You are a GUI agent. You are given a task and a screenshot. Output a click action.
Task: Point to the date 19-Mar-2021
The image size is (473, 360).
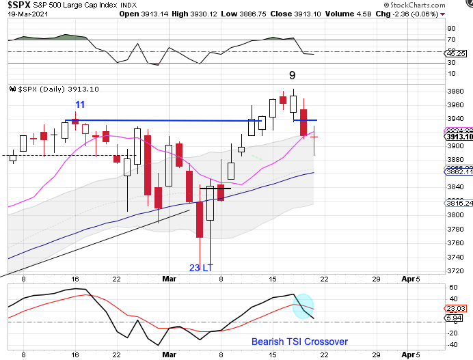click(x=21, y=13)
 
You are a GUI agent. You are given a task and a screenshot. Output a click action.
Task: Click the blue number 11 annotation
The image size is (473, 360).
click(x=80, y=105)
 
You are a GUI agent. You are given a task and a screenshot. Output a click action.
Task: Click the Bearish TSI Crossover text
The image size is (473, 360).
click(x=299, y=342)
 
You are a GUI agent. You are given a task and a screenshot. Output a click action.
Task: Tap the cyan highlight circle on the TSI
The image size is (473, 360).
click(x=303, y=306)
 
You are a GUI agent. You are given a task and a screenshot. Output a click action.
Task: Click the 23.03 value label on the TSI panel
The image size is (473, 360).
click(x=460, y=309)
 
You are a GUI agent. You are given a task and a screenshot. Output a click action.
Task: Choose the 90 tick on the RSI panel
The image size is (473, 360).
click(x=450, y=29)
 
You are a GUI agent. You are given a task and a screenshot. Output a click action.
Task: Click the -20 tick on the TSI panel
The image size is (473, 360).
click(x=452, y=333)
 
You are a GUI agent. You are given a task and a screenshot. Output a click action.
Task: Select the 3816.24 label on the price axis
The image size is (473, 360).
click(x=459, y=204)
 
